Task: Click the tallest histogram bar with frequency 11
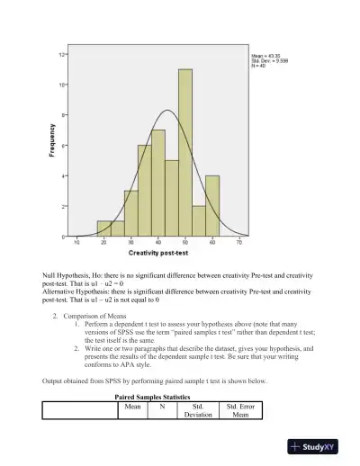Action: coord(185,152)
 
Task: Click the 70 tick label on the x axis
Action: coord(239,243)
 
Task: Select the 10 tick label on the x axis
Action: coord(76,243)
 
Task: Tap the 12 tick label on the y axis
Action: coord(61,55)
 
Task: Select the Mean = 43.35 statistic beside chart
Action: coord(269,54)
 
